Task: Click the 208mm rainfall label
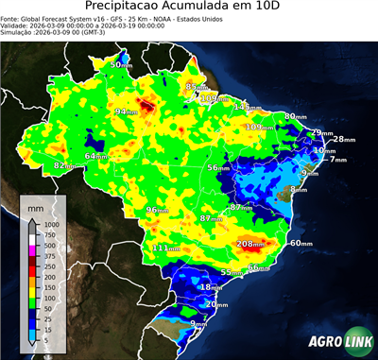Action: pos(250,244)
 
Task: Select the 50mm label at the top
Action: pos(121,64)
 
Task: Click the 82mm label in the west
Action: pos(64,165)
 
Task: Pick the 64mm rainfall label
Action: pos(96,156)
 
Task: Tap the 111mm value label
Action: pos(166,248)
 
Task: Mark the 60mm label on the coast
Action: pos(301,243)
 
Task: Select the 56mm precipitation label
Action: pos(218,166)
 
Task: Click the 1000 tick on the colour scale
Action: pos(49,225)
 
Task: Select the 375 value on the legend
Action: pos(47,256)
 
